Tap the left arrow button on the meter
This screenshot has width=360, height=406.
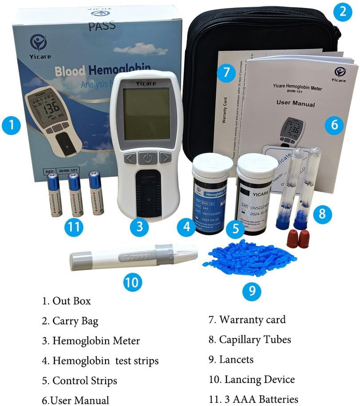[x=130, y=158]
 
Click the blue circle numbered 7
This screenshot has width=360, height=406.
[x=226, y=72]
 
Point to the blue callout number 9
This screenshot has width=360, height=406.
[x=252, y=291]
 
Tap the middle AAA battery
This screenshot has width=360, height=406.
[x=75, y=194]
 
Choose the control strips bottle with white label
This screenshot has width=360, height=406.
[x=257, y=195]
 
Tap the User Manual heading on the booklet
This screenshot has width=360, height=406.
[x=296, y=104]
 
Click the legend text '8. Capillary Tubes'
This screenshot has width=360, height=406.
[x=250, y=340]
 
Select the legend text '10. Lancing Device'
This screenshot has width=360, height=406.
[x=251, y=379]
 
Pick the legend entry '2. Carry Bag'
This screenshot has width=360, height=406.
[x=70, y=321]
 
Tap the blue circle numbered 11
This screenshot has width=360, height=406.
[x=74, y=227]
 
